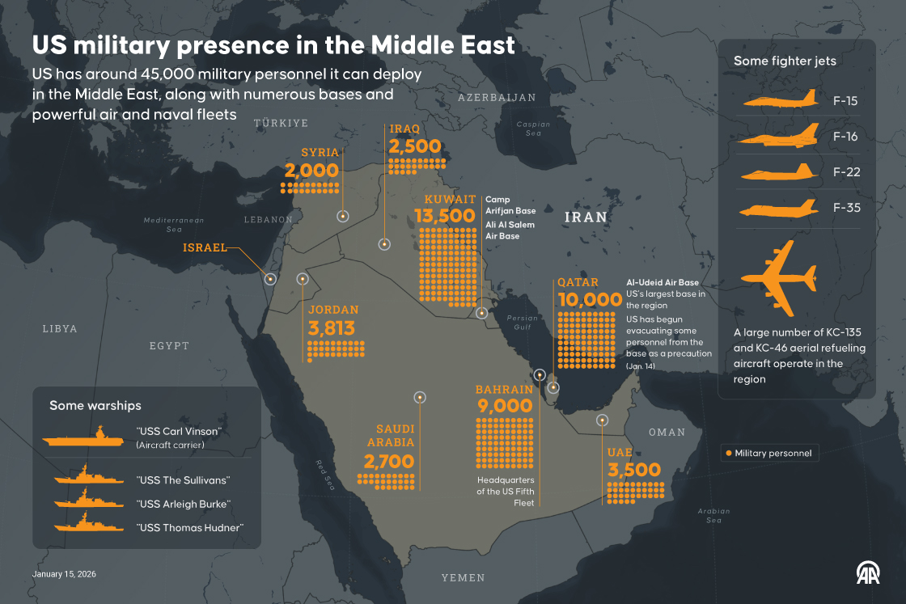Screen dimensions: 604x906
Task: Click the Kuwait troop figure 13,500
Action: tap(444, 216)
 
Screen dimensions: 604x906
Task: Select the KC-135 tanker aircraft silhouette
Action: tap(778, 278)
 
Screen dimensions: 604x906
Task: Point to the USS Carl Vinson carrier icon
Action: tap(83, 438)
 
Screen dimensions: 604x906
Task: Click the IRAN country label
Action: tap(585, 218)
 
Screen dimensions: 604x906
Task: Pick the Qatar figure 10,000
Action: tap(589, 301)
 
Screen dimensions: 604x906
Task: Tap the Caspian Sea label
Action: tap(533, 129)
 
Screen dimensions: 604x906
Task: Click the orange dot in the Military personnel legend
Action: tap(728, 454)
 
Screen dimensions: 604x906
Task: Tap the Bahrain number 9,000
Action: tap(505, 407)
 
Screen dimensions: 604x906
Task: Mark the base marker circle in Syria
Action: tap(342, 216)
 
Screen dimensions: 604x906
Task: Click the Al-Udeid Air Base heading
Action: tap(662, 282)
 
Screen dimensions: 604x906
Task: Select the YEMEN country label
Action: tap(463, 577)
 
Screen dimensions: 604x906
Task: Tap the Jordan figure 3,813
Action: tap(332, 328)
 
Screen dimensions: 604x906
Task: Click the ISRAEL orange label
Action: tap(205, 247)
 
